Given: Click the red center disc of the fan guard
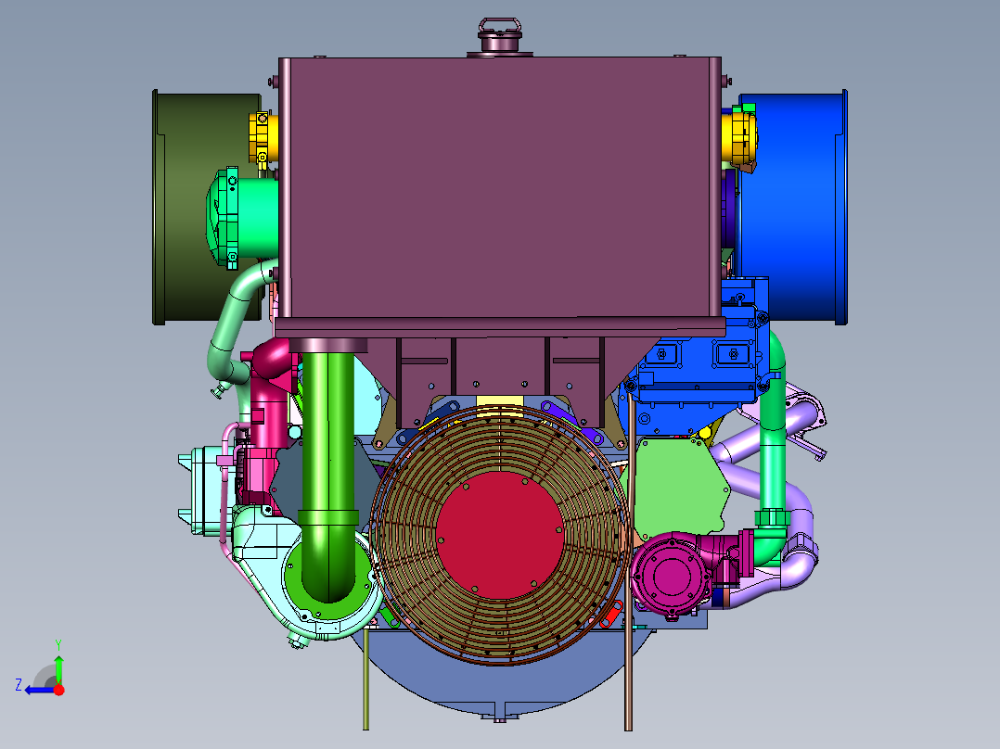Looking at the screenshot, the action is (499, 536).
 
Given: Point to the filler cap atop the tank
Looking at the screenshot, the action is (499, 37).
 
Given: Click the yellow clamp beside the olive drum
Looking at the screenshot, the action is (263, 138).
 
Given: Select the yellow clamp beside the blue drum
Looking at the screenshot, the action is (740, 136).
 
